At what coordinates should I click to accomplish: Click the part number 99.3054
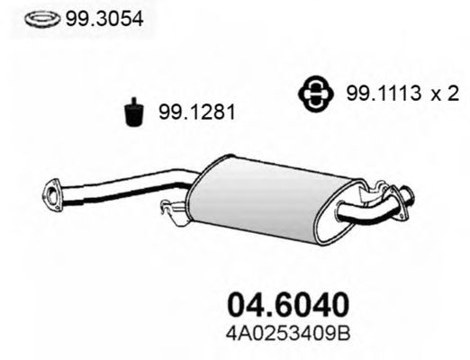pyautogui.click(x=104, y=19)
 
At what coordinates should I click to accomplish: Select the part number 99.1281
pyautogui.click(x=196, y=112)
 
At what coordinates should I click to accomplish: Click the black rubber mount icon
pyautogui.click(x=134, y=112)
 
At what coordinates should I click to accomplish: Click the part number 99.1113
pyautogui.click(x=384, y=93)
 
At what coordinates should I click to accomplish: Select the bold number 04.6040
pyautogui.click(x=288, y=303)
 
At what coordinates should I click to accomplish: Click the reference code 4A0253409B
pyautogui.click(x=288, y=334)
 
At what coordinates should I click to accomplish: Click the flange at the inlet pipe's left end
pyautogui.click(x=51, y=196)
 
